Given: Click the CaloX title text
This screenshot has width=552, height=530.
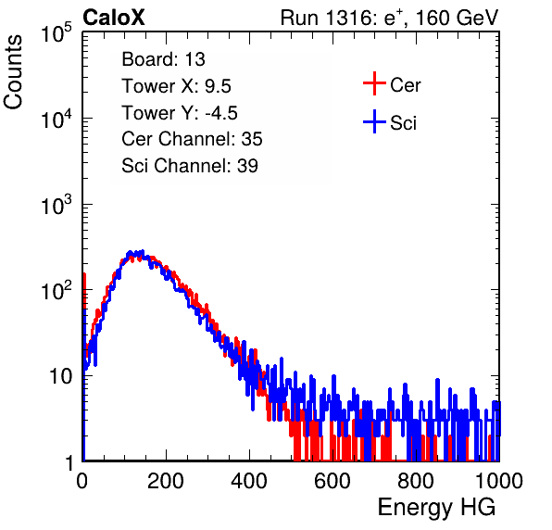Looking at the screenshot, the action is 114,18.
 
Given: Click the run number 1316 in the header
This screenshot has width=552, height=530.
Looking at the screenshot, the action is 346,18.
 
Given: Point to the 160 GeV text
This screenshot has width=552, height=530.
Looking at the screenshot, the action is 457,18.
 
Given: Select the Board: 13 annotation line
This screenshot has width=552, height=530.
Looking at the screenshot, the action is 163,59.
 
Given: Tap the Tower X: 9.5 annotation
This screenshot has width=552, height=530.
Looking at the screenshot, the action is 176,86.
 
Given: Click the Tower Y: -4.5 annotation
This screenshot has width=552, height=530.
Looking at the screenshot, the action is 180,113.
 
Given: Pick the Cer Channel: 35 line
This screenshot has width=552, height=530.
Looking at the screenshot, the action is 192,139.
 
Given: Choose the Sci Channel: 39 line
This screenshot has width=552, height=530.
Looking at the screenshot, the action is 190,165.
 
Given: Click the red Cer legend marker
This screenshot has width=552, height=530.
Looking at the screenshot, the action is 374,83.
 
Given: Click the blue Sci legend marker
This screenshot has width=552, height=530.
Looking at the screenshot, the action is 374,121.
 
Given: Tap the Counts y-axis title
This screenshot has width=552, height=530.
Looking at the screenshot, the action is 13,72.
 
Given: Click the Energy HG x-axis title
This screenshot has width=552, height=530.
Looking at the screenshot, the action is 436,508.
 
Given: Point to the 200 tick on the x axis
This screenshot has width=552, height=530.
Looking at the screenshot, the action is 166,481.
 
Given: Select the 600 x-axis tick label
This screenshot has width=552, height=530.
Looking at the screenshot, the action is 332,481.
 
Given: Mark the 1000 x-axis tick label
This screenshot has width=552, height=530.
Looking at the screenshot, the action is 499,481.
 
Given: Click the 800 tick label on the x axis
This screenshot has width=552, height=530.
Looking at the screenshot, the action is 416,481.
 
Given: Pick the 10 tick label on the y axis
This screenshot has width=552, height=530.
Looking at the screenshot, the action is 61,376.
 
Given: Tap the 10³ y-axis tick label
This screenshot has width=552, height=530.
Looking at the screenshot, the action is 56,205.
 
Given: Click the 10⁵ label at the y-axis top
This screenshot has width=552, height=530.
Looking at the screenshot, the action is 56,33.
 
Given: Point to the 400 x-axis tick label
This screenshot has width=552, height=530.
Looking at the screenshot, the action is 249,481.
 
